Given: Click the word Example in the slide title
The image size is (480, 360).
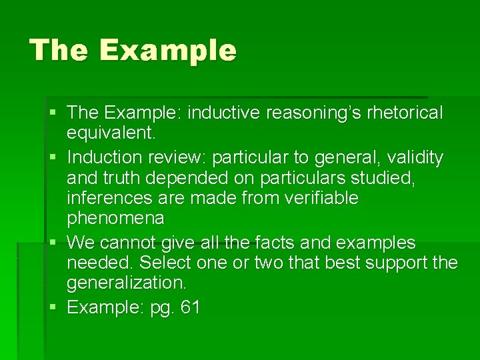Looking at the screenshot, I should point(169,51).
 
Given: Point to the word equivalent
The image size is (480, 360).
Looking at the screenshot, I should point(111,133).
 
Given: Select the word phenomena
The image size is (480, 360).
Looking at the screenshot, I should point(115,218).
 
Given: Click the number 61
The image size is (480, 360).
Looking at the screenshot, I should point(187,307).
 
